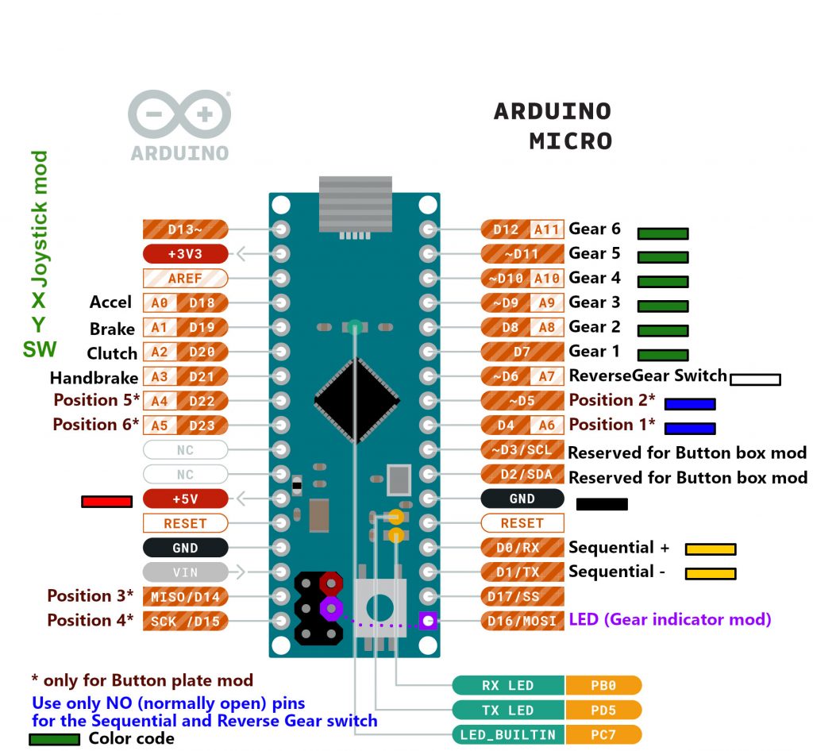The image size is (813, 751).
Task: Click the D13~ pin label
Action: (185, 229)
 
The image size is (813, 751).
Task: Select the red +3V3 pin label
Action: (185, 254)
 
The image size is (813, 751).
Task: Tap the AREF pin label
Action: (185, 279)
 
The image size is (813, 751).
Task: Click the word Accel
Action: (110, 302)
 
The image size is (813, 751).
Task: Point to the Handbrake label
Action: (94, 378)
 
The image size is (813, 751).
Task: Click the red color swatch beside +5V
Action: (106, 502)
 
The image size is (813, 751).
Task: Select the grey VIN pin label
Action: (185, 572)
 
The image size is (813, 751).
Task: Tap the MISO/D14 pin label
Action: (185, 596)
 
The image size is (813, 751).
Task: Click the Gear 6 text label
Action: (595, 229)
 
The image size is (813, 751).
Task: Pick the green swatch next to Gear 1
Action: (663, 355)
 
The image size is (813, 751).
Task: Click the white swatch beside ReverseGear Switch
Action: (755, 379)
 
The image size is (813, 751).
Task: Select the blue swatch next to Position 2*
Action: (690, 404)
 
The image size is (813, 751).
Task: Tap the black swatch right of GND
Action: (602, 504)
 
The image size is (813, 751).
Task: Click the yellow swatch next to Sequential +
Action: (711, 549)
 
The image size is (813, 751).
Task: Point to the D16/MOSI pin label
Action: (522, 620)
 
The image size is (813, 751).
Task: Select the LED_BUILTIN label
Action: (508, 734)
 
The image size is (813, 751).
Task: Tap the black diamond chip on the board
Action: (356, 400)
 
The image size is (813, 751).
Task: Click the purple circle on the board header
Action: (330, 609)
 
